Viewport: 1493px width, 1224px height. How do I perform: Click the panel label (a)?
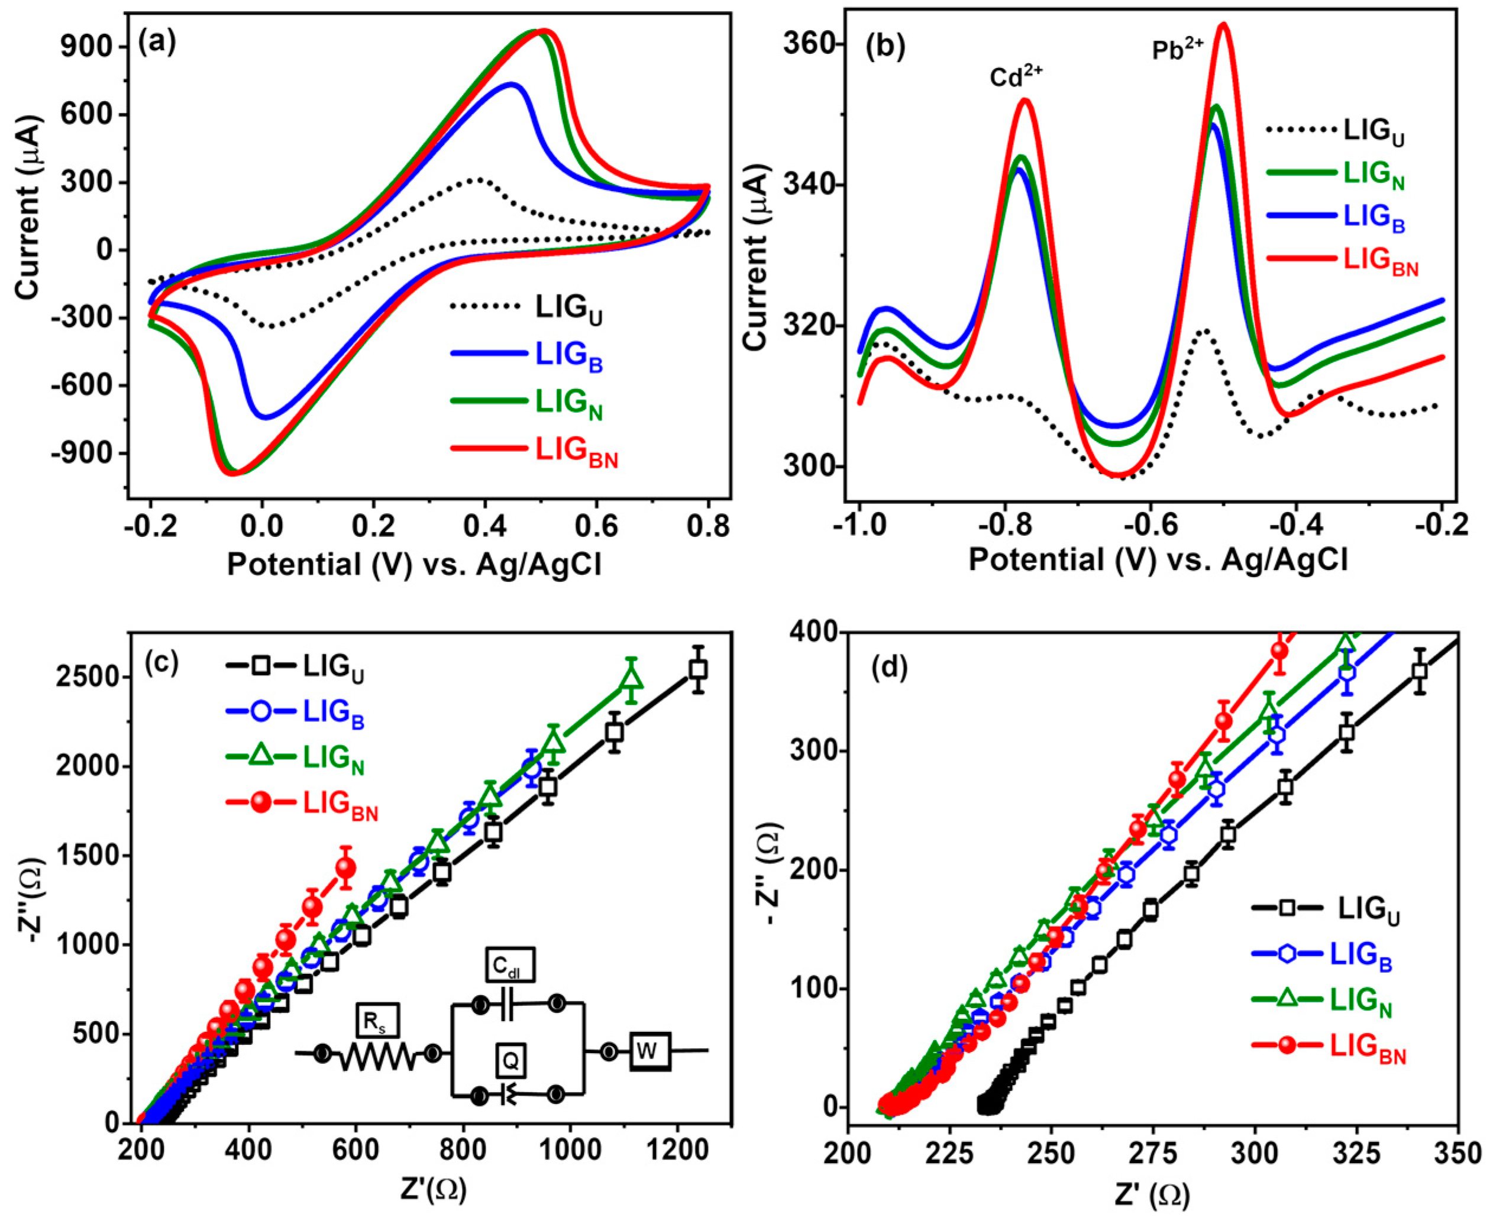157,44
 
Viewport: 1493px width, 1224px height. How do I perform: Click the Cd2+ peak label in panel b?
1016,76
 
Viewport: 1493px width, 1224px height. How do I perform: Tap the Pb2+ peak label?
1178,49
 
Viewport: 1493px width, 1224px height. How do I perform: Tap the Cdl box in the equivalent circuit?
510,965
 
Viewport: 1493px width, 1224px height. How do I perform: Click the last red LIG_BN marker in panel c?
345,868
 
